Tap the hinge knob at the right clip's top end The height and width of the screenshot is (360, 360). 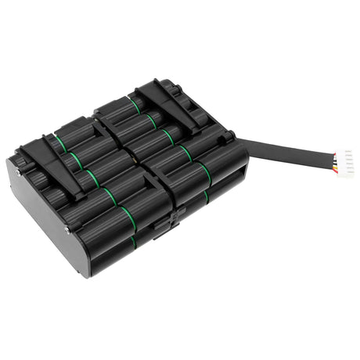tap(164, 84)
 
